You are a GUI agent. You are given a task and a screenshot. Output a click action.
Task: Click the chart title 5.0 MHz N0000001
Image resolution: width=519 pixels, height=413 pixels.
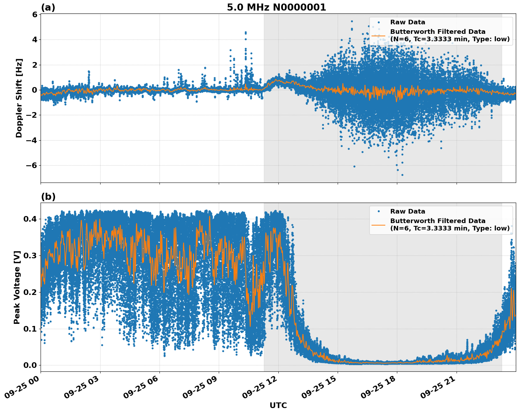[x=276, y=7]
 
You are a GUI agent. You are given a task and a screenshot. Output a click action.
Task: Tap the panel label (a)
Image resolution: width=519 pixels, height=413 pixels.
[x=48, y=7]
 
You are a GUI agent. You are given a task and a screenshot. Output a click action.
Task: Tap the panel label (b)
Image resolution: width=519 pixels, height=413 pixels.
[x=48, y=197]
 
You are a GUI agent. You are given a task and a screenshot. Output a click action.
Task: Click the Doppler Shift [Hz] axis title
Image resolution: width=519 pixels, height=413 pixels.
[x=19, y=98]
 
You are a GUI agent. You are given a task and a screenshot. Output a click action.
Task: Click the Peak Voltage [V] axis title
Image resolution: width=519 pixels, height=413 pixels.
[x=17, y=287]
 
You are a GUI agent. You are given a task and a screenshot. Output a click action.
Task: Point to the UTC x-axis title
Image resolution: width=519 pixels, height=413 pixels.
[x=278, y=405]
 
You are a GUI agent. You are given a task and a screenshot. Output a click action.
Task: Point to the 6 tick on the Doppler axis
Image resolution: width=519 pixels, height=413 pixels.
[x=35, y=14]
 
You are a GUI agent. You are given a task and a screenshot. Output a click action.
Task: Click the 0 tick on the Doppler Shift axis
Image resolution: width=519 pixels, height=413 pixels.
[x=35, y=90]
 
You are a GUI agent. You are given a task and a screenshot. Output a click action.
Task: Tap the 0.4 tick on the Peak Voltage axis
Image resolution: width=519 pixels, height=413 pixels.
[x=30, y=219]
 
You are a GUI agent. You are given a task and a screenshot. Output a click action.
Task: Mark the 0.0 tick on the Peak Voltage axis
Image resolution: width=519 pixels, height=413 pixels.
[x=30, y=365]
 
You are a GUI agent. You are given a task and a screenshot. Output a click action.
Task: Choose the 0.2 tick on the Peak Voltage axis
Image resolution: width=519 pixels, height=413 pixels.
[x=30, y=292]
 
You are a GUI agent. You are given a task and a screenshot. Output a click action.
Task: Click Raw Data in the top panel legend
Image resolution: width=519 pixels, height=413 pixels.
[x=408, y=22]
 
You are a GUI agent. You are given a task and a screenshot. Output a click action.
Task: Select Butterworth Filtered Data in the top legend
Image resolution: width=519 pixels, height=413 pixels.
[x=437, y=32]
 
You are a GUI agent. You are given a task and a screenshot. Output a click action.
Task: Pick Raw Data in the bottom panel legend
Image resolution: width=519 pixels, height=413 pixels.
[x=408, y=211]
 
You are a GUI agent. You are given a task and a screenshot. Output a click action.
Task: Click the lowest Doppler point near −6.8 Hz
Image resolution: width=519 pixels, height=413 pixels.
[x=402, y=175]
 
